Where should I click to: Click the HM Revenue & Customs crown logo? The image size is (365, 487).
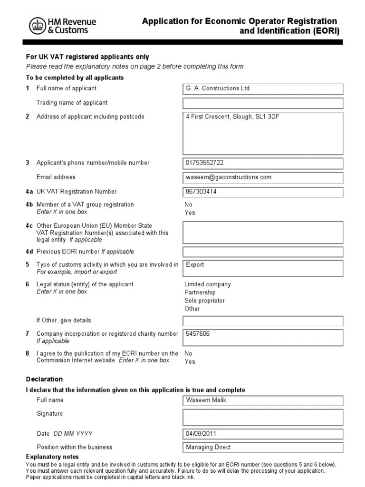pos(37,26)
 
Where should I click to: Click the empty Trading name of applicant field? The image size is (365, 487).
pos(262,103)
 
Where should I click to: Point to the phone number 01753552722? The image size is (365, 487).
pos(204,163)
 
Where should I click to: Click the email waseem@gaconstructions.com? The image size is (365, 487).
pos(229,177)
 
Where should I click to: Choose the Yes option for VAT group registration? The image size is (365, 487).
pos(190,213)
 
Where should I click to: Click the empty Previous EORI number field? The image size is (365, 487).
pos(262,252)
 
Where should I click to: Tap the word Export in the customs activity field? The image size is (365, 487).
pos(195,264)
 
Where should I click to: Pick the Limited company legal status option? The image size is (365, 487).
pos(207,284)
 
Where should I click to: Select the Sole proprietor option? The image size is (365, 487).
pos(204,301)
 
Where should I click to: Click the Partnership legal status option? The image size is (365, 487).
pos(200,292)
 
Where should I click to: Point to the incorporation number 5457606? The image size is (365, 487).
pos(198,334)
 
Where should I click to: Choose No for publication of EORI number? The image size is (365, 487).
pos(188,353)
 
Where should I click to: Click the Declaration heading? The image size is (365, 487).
pos(44,379)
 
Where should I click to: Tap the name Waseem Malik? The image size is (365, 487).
pos(206,400)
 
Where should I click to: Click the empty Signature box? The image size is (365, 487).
pos(262,417)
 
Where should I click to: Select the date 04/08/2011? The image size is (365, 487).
pos(202,433)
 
